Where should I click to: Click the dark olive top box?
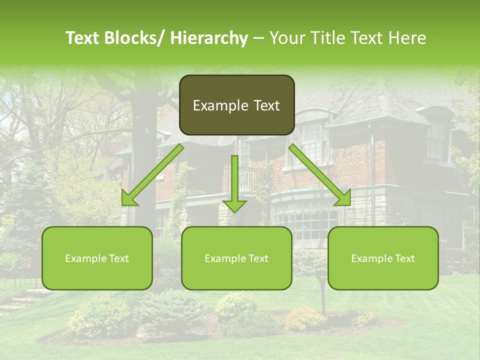tap(236, 105)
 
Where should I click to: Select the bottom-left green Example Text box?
tap(97, 258)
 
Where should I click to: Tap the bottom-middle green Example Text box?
tap(236, 258)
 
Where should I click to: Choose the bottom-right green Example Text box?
tap(383, 258)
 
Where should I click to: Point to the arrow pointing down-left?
tap(152, 174)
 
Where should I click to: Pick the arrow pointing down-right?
tap(320, 174)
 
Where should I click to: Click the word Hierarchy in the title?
tap(209, 38)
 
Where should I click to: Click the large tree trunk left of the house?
tap(145, 150)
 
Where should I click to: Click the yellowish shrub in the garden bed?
tap(305, 318)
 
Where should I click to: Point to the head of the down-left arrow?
tap(128, 198)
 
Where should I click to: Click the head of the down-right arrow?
tap(344, 198)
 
